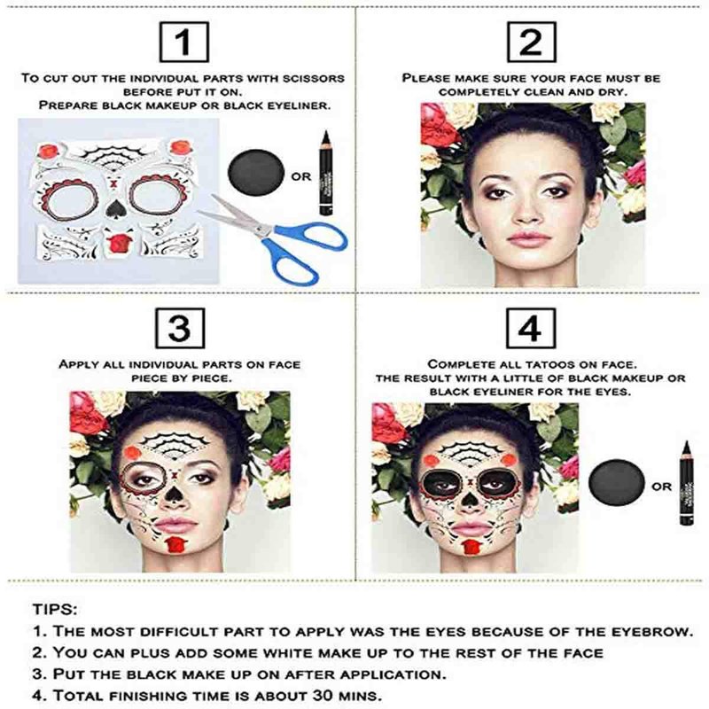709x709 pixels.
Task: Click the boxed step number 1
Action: click(x=184, y=42)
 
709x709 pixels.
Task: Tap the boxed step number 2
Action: click(x=531, y=42)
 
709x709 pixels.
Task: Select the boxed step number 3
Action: click(x=180, y=328)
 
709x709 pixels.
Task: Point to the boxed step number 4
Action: click(x=531, y=328)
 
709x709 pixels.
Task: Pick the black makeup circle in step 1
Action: click(x=256, y=172)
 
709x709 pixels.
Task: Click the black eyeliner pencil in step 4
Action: click(x=686, y=483)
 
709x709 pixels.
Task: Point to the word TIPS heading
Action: click(x=54, y=609)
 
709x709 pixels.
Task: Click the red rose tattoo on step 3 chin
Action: click(x=174, y=544)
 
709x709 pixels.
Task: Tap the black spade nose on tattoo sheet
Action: click(x=113, y=207)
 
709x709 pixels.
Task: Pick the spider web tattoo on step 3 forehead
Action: click(x=174, y=446)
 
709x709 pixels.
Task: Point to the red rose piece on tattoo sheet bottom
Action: click(x=119, y=242)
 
